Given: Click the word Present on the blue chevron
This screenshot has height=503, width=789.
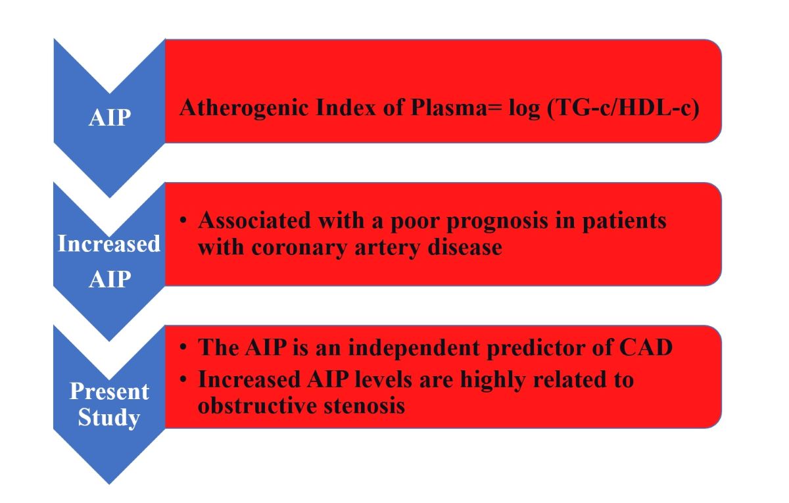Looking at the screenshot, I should pos(109,392).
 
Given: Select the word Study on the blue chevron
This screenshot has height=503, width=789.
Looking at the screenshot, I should pos(109,418).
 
